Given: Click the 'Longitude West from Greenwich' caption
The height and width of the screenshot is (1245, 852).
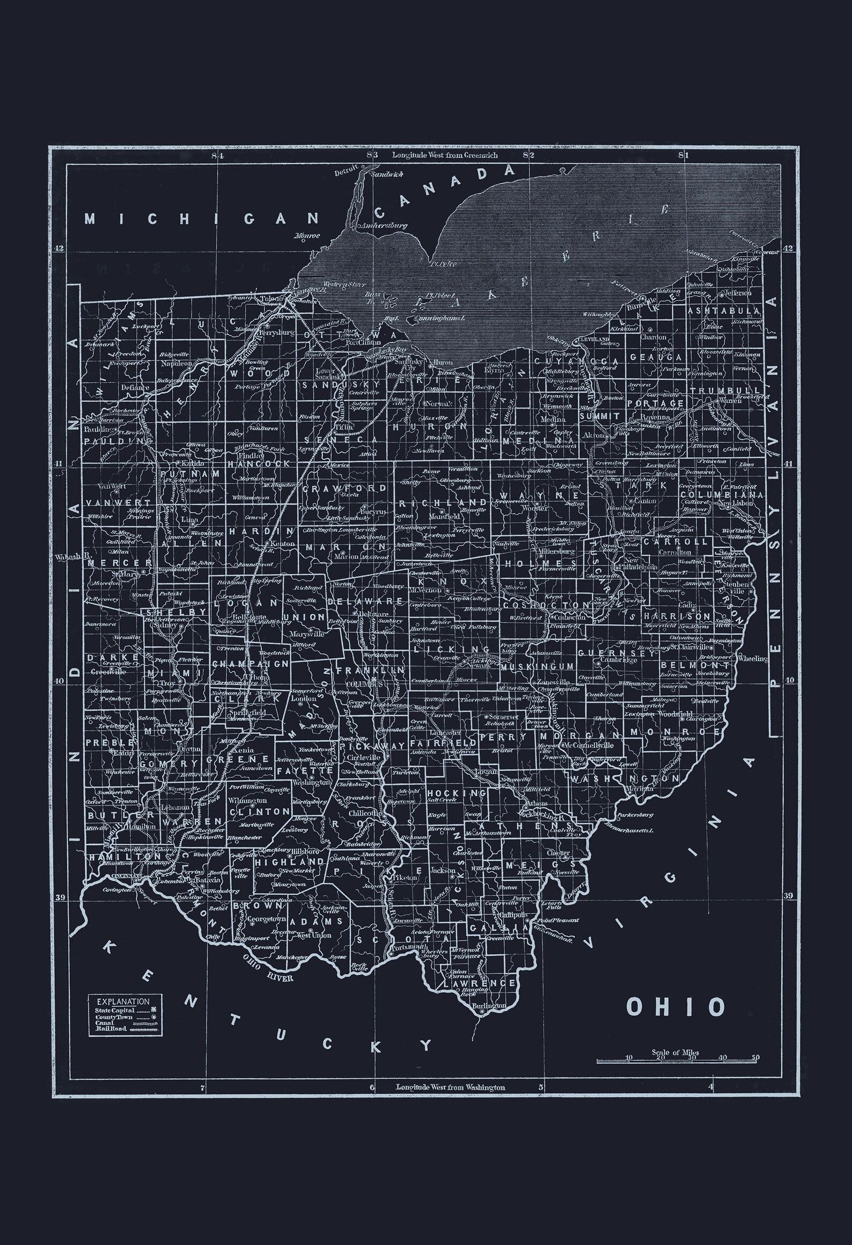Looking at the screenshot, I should click(x=445, y=155).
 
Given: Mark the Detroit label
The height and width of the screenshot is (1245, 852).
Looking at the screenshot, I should click(x=345, y=173).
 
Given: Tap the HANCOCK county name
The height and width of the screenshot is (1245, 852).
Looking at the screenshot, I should click(x=258, y=463).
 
